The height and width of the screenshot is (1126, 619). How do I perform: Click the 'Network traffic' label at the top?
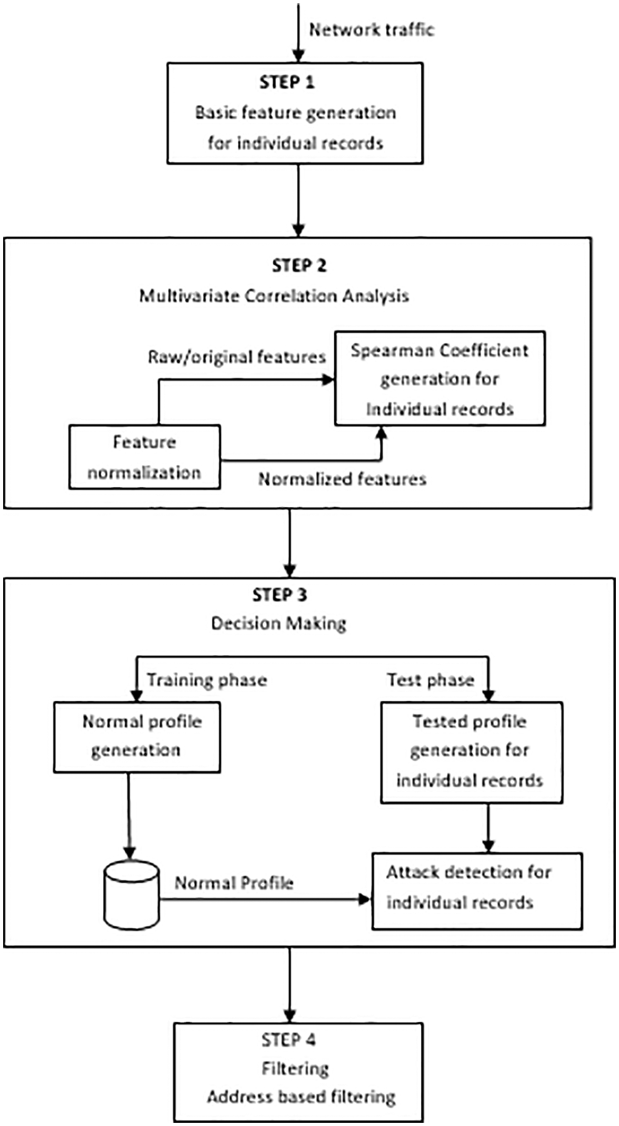tap(371, 29)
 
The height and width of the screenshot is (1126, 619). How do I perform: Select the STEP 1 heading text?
tap(287, 83)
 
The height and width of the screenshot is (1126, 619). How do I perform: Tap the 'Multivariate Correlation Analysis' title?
tap(274, 296)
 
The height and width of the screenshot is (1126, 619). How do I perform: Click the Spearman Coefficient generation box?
tap(440, 379)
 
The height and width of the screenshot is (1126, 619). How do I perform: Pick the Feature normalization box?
tap(144, 457)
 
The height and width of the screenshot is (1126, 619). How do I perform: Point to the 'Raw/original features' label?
tap(237, 357)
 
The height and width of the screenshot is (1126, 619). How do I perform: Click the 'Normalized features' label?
tap(342, 479)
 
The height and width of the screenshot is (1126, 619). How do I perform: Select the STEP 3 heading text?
tap(279, 595)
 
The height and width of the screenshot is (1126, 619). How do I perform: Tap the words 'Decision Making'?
tap(279, 623)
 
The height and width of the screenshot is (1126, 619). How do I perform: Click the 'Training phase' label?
tap(207, 680)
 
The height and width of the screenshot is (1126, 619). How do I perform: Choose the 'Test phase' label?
tap(430, 680)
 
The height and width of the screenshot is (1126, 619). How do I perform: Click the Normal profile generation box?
tap(137, 736)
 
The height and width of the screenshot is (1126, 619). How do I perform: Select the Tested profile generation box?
tap(472, 752)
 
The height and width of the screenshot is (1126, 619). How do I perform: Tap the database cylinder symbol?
tap(131, 895)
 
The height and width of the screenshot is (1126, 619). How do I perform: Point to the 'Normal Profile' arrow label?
tap(234, 883)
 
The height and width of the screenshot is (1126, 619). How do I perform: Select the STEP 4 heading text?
tap(289, 1040)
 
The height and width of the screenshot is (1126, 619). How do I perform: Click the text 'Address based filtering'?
tap(301, 1097)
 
